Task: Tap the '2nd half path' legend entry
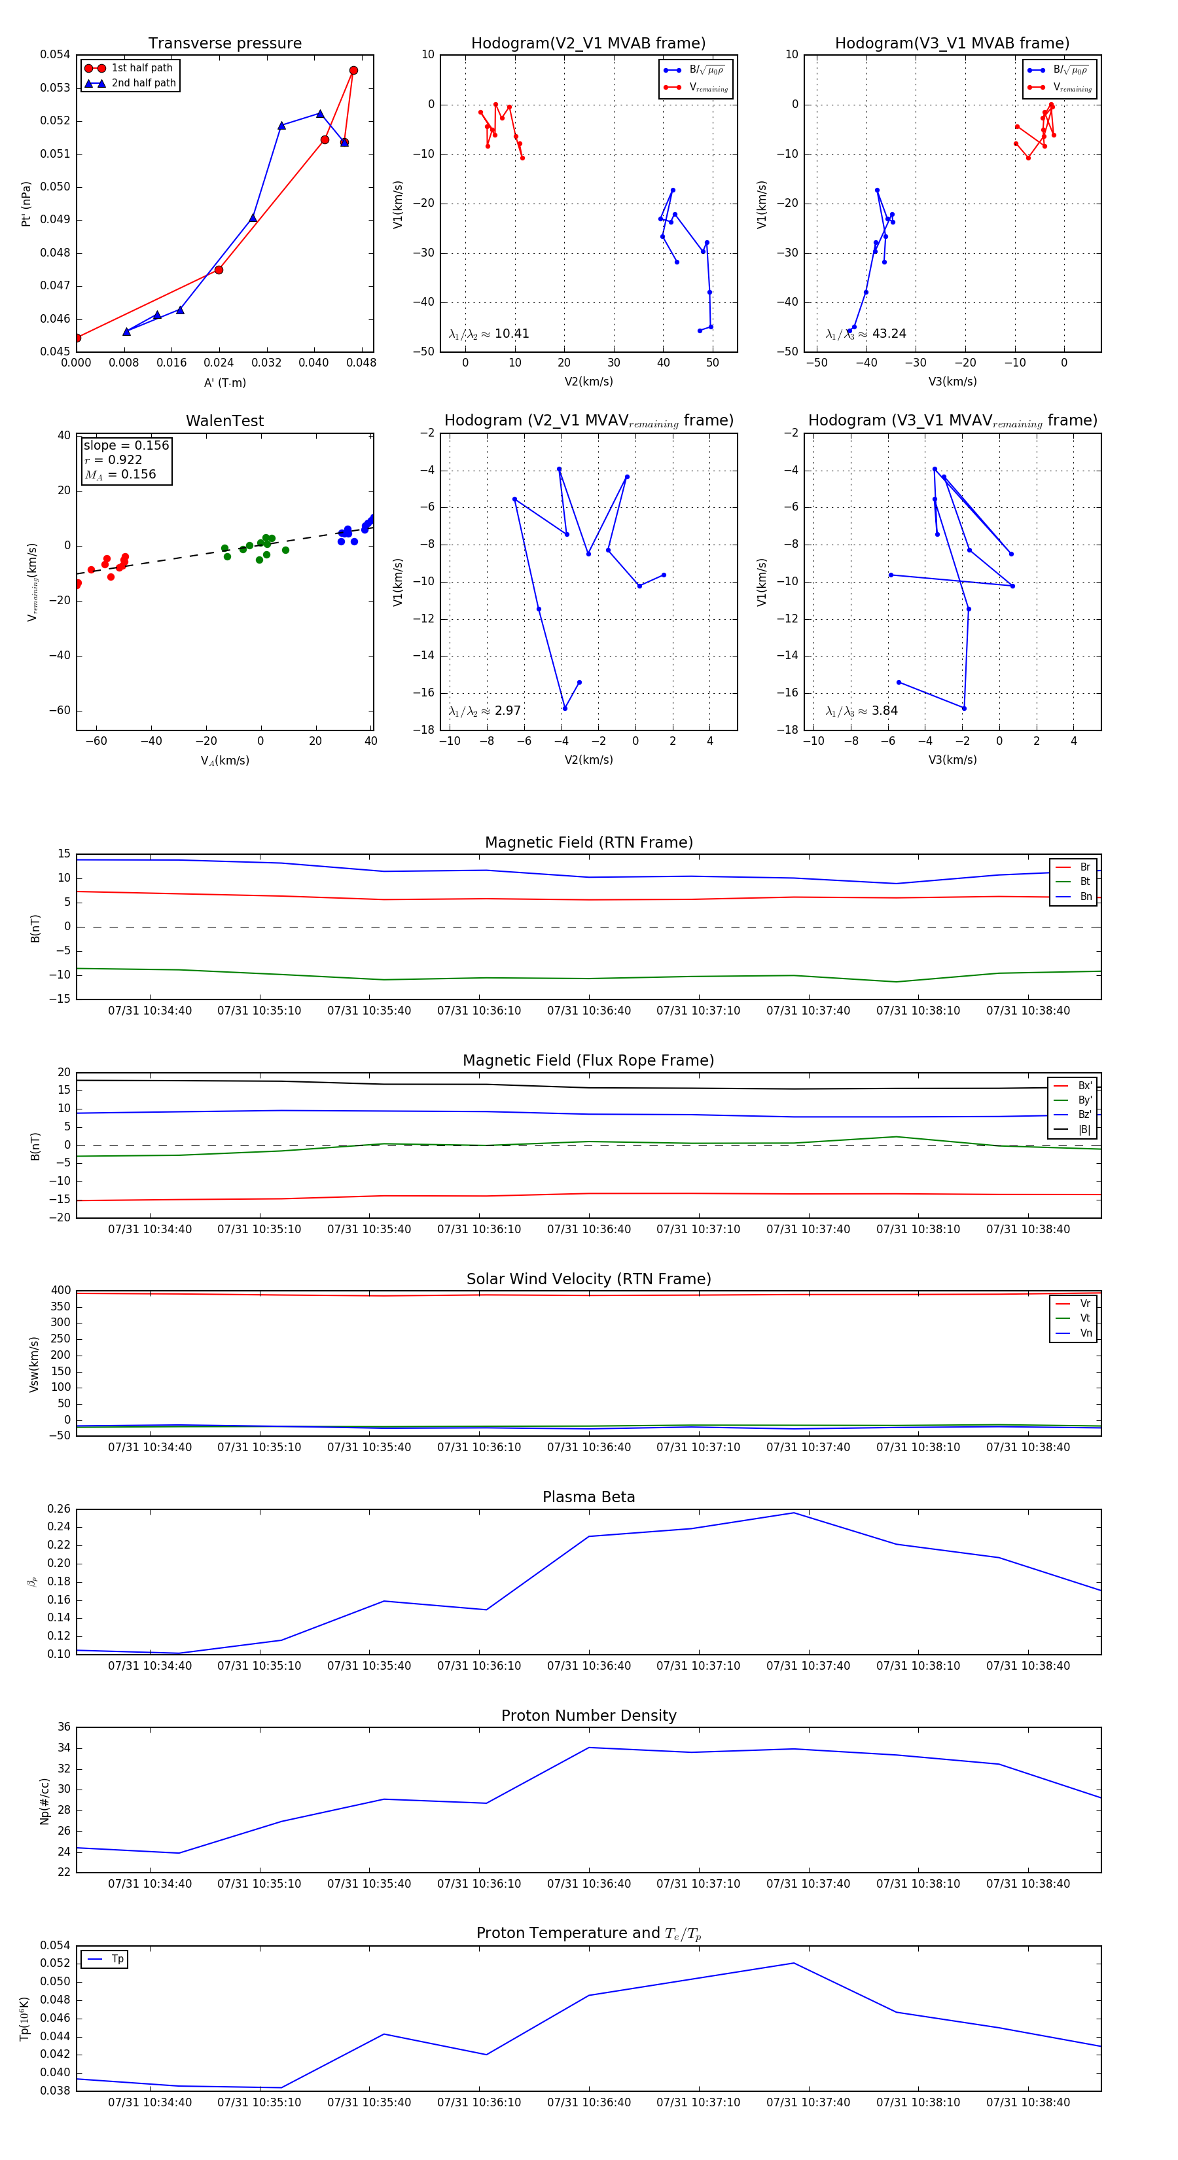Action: coord(143,83)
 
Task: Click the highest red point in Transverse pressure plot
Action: coord(353,71)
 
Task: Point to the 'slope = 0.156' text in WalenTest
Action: coord(126,445)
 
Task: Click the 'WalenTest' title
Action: coord(224,421)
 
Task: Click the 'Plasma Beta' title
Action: coord(588,1497)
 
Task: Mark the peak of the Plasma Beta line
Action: coord(793,1513)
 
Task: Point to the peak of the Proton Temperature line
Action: coord(793,1963)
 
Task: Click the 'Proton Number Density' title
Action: coord(588,1716)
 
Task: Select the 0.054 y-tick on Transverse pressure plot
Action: coord(56,54)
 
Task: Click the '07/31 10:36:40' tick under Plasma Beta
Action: coord(588,1665)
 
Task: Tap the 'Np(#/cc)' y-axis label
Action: coord(45,1801)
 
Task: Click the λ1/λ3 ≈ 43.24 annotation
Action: coord(865,334)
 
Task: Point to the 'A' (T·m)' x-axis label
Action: coord(224,382)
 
